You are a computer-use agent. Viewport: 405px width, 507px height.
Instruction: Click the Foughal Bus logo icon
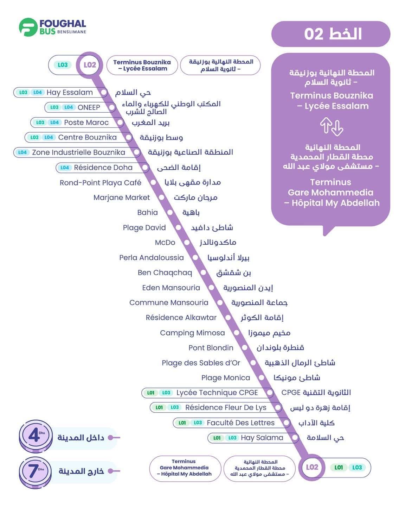(28, 27)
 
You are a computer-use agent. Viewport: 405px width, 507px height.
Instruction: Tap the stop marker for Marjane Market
(161, 198)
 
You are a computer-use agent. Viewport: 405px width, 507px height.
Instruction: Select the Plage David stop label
(144, 227)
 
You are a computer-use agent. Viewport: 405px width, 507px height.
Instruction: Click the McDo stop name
(165, 243)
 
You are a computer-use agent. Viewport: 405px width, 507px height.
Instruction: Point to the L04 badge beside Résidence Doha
(64, 168)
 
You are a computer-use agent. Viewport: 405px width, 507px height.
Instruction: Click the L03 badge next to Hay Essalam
(23, 92)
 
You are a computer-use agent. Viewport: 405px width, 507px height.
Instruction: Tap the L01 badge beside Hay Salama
(217, 438)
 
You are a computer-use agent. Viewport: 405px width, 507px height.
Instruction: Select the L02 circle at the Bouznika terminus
(90, 65)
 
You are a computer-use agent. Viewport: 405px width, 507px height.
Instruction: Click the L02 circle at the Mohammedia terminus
(312, 467)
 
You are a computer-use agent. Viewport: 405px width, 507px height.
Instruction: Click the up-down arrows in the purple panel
(332, 127)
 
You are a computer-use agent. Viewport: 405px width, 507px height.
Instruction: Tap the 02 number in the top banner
(314, 34)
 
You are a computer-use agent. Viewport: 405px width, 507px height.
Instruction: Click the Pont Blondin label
(211, 348)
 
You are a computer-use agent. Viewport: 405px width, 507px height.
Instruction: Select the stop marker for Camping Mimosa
(237, 333)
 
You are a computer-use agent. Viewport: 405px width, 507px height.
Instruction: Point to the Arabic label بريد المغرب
(150, 123)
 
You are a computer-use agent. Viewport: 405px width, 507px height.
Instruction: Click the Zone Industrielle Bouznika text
(79, 152)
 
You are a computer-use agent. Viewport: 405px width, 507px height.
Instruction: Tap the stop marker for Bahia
(170, 213)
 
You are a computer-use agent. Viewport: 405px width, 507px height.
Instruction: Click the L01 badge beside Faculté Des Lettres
(182, 423)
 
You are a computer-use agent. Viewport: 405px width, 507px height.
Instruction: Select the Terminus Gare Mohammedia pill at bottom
(185, 468)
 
